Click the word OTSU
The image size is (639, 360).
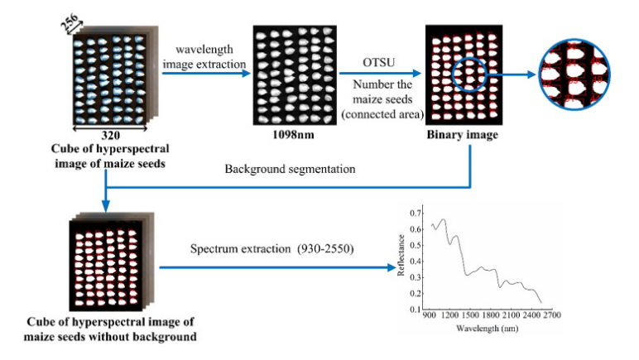(x=377, y=61)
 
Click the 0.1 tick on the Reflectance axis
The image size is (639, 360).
(x=414, y=310)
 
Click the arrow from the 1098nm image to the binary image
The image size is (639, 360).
(x=377, y=73)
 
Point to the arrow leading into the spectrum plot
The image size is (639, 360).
(x=273, y=267)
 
